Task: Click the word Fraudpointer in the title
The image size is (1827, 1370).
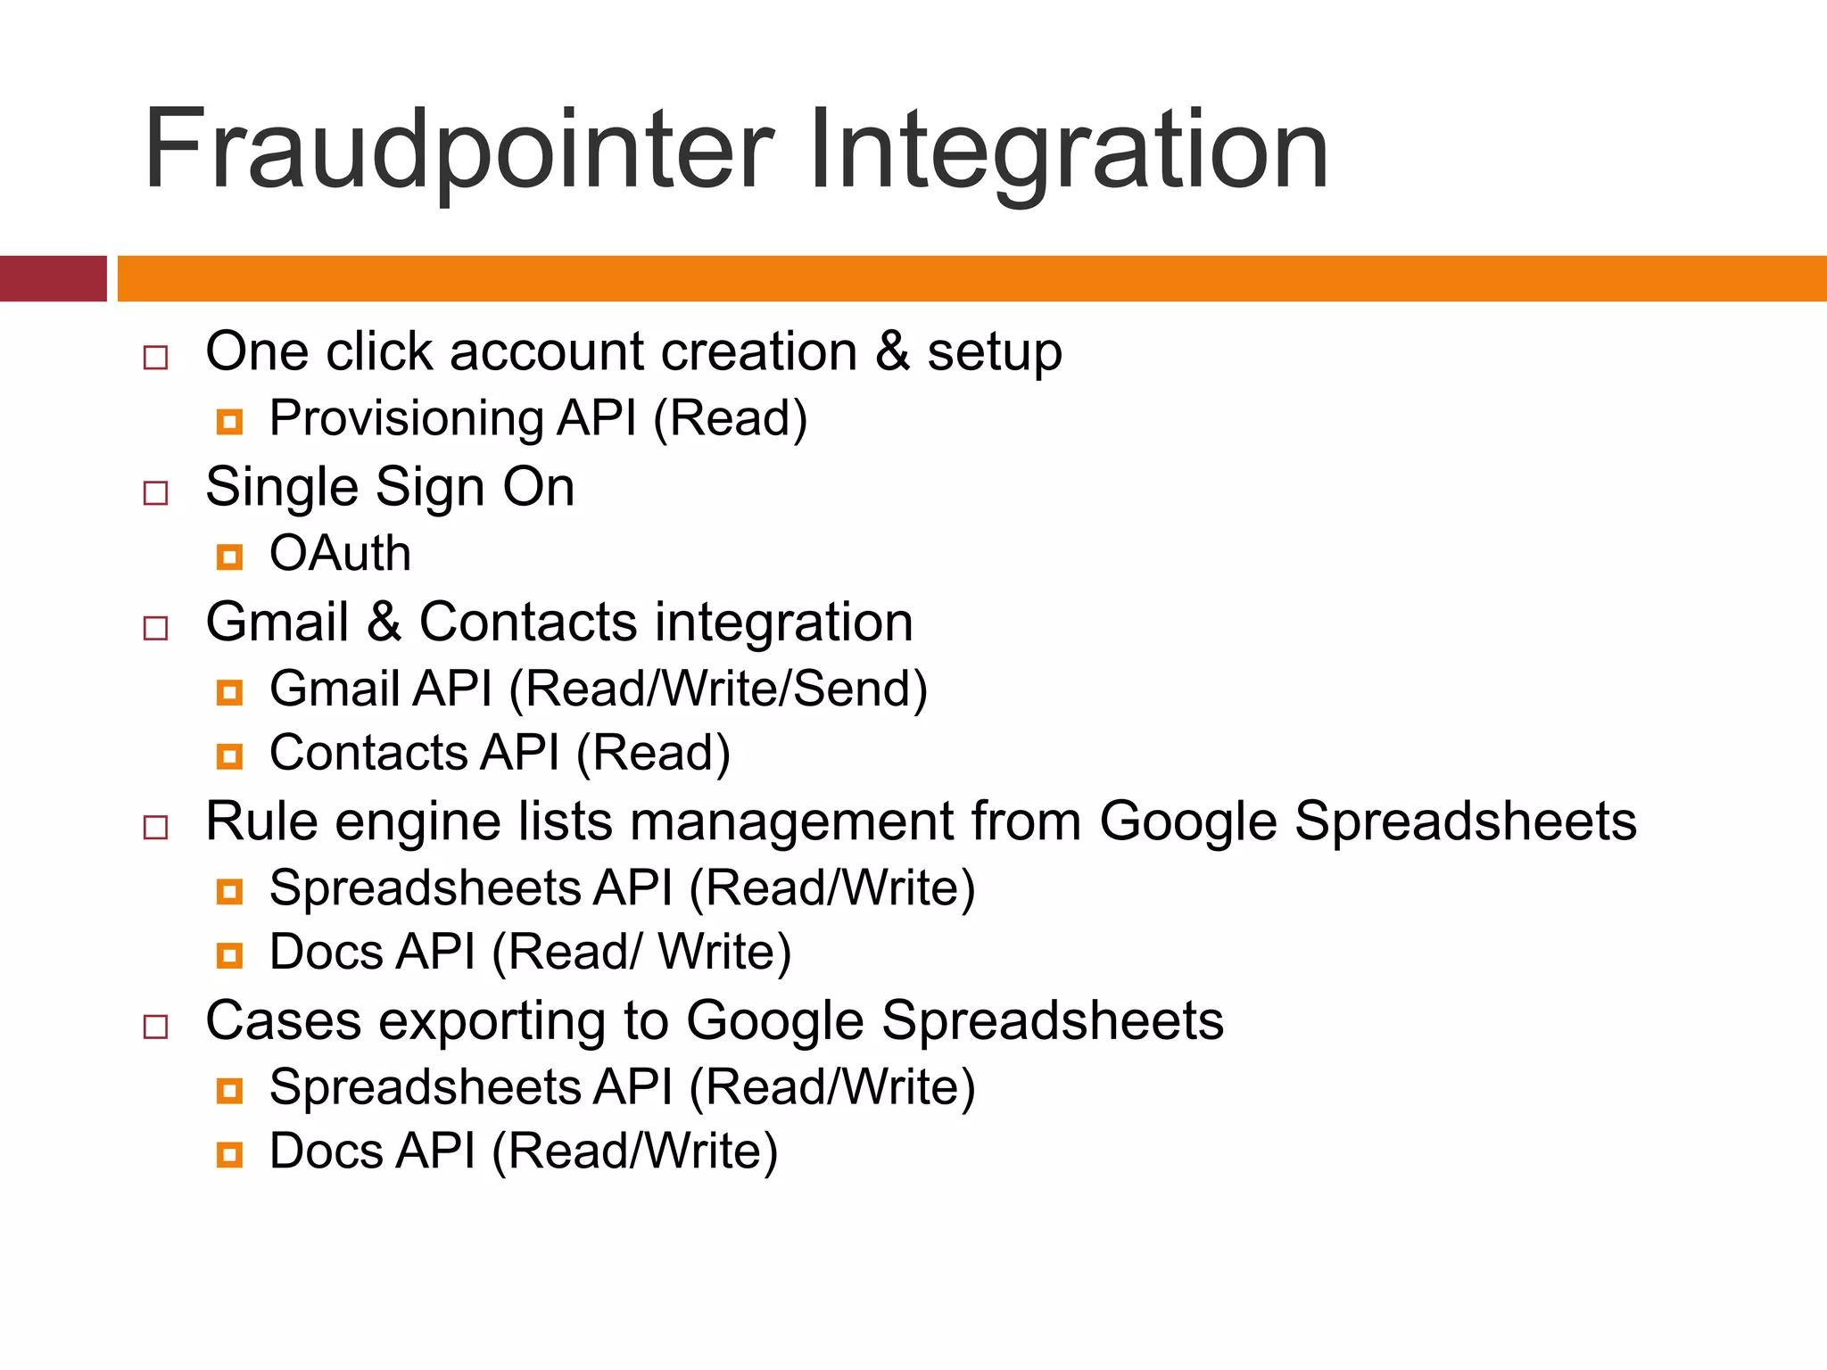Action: tap(458, 150)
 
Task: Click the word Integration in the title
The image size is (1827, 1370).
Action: tap(1069, 150)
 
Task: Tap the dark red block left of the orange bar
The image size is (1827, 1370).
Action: tap(53, 278)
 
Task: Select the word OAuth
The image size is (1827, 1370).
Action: tap(340, 554)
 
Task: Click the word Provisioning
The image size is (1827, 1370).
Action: tap(407, 418)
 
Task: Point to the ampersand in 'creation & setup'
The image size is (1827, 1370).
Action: tap(891, 351)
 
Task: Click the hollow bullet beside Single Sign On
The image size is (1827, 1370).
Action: tap(156, 493)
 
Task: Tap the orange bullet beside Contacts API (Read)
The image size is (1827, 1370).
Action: tap(229, 756)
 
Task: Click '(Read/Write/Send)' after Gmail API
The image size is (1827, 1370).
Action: tap(718, 689)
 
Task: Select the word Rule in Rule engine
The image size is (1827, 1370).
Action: tap(261, 821)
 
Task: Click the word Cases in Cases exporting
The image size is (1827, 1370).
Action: tap(283, 1020)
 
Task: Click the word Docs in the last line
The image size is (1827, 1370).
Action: tap(327, 1151)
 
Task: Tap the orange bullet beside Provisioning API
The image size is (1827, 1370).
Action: tap(229, 421)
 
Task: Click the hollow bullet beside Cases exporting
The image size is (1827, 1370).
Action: tap(156, 1027)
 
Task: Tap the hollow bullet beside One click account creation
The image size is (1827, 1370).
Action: tap(156, 358)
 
